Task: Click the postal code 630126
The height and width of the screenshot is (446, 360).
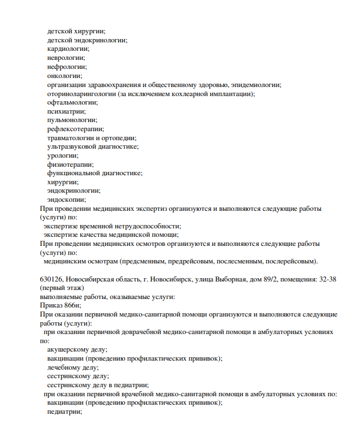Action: (51, 279)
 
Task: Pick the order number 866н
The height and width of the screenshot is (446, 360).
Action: (73, 305)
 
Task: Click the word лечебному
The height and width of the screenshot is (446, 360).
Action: (64, 367)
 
